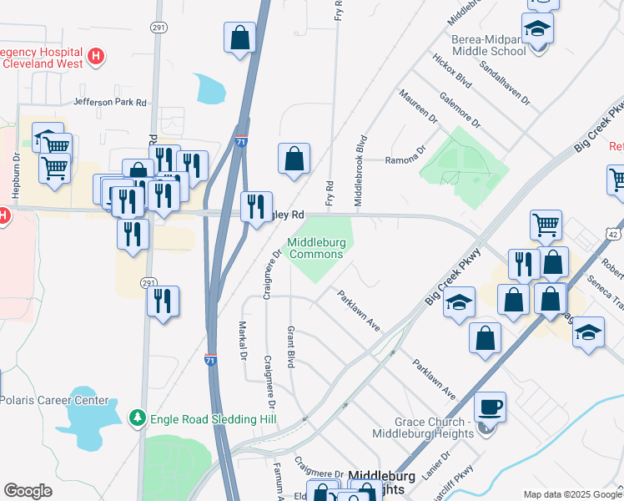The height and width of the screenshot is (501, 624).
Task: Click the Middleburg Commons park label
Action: [316, 249]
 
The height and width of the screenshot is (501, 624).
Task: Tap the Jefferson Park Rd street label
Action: [110, 102]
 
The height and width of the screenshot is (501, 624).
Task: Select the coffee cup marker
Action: [490, 407]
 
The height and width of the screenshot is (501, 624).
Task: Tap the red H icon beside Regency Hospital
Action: [97, 57]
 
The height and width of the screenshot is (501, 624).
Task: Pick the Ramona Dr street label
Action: [405, 159]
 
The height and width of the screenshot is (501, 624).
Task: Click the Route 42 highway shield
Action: [616, 227]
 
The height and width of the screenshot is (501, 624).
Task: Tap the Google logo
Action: [28, 491]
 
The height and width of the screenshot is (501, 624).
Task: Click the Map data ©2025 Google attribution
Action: [571, 494]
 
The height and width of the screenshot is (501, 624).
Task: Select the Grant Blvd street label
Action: [291, 347]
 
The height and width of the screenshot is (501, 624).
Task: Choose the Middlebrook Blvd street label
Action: [361, 170]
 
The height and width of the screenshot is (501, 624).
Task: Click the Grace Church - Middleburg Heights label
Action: [422, 428]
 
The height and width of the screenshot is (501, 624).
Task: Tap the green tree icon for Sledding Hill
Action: [137, 417]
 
